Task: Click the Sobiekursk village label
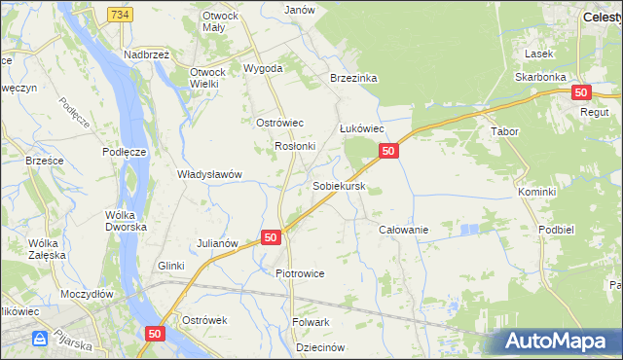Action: [x=339, y=185]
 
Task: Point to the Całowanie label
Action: [x=403, y=229]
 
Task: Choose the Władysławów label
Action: [x=208, y=174]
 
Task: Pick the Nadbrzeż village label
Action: [x=147, y=54]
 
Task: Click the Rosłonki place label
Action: [x=295, y=146]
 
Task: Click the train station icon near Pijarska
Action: [x=41, y=340]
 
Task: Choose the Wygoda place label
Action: [x=263, y=69]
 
